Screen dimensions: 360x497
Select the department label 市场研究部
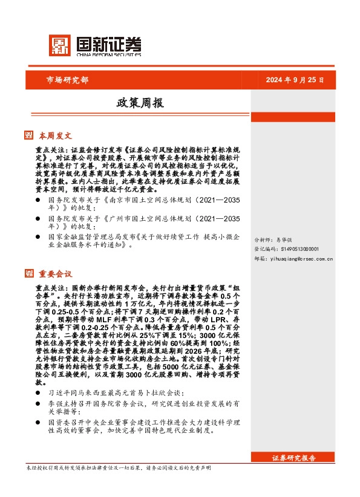(67, 80)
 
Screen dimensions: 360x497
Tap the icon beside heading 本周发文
(28, 135)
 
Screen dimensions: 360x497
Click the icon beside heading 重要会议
(28, 274)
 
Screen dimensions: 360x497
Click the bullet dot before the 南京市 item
(38, 199)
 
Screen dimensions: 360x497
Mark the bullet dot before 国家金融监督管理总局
(38, 238)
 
